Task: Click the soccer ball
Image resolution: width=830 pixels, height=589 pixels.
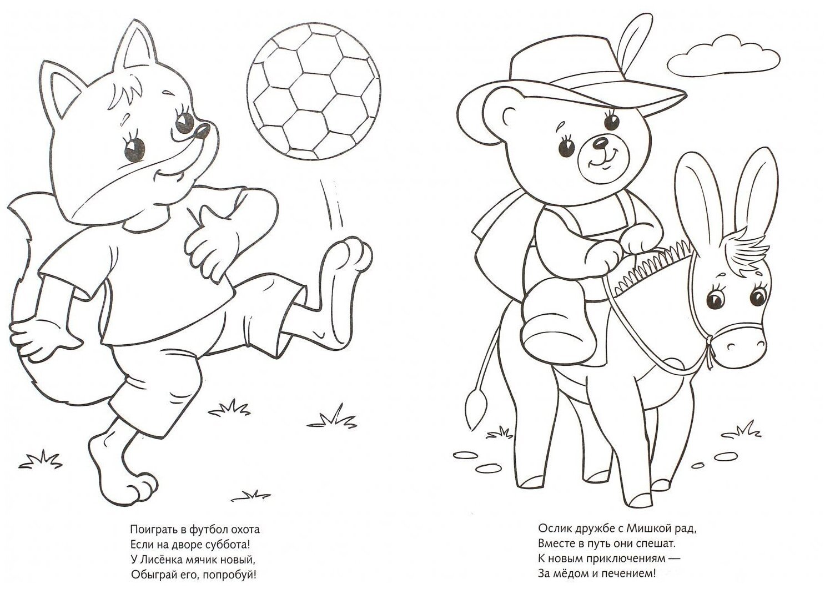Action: [x=314, y=92]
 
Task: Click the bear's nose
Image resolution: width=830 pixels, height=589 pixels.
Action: [x=600, y=142]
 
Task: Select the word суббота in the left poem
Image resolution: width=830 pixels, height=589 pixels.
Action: [x=229, y=545]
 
